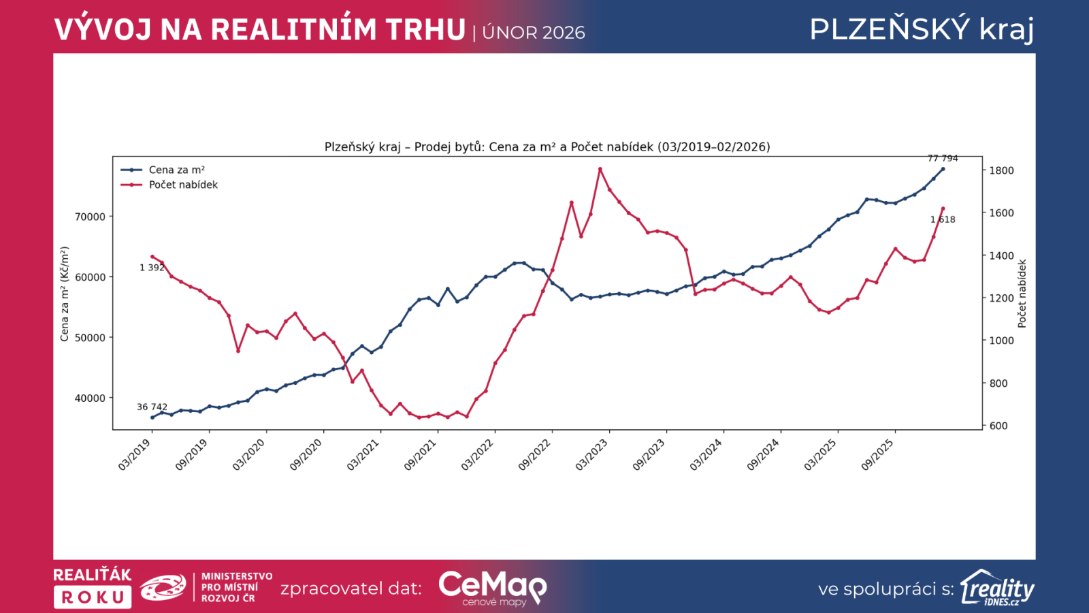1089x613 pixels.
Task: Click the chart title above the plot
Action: click(547, 147)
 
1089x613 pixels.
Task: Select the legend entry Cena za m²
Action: click(176, 170)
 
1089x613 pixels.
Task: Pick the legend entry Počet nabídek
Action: click(183, 185)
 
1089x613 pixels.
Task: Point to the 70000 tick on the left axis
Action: click(90, 217)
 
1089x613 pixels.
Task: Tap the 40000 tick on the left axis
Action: click(90, 398)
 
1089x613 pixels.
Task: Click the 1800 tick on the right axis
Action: click(1001, 170)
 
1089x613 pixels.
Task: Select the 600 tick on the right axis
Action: click(998, 426)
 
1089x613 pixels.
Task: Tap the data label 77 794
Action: click(943, 158)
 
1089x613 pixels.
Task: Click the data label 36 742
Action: click(152, 407)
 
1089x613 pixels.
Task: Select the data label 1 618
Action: click(943, 219)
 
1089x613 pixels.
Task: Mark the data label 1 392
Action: click(152, 268)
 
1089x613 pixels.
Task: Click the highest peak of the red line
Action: click(600, 169)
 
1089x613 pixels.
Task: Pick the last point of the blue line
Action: click(943, 169)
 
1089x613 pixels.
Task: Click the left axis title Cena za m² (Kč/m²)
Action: click(65, 294)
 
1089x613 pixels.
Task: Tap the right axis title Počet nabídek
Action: click(1022, 294)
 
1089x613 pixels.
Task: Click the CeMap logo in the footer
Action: click(492, 587)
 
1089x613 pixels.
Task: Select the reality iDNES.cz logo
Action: click(997, 588)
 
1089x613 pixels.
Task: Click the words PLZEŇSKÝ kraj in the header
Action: click(922, 29)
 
